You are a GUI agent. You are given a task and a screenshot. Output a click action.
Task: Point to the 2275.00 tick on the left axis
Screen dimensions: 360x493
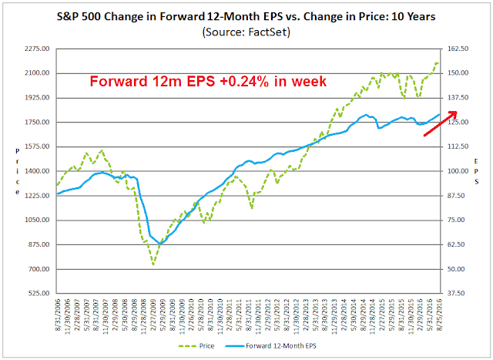click(x=37, y=49)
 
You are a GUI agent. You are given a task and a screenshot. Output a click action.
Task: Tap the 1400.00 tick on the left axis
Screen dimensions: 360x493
click(x=37, y=171)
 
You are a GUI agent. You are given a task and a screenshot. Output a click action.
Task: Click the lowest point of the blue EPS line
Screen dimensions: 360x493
click(x=159, y=244)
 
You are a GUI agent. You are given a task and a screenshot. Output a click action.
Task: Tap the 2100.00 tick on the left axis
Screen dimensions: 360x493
click(x=37, y=73)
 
